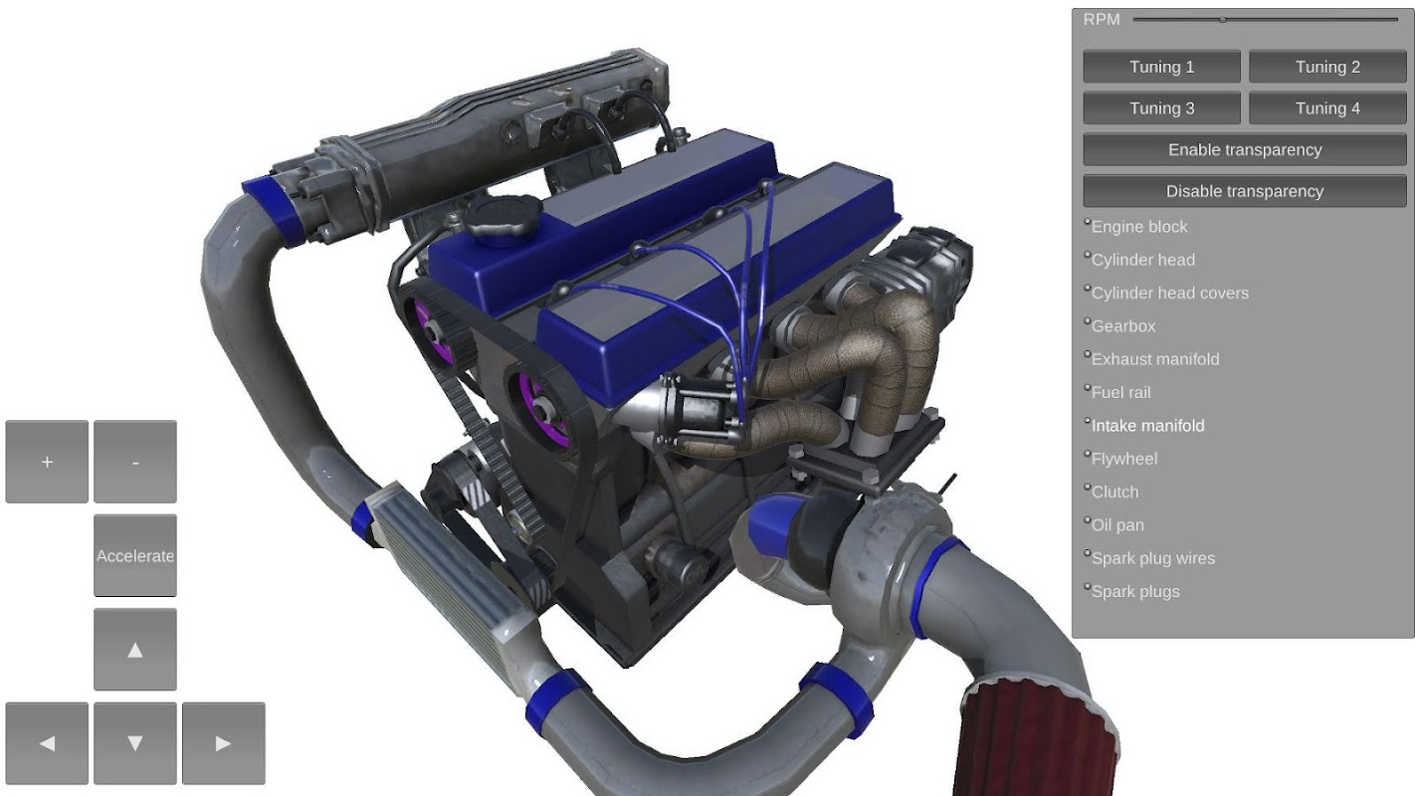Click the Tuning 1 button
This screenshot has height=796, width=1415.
pyautogui.click(x=1161, y=67)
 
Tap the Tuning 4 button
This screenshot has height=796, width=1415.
pyautogui.click(x=1327, y=108)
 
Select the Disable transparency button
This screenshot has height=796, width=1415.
pyautogui.click(x=1245, y=191)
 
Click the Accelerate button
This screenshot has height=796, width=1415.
pyautogui.click(x=135, y=555)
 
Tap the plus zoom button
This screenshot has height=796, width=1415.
pyautogui.click(x=47, y=462)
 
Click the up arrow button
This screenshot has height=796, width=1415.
pyautogui.click(x=135, y=650)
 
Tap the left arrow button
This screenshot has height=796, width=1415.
pyautogui.click(x=47, y=743)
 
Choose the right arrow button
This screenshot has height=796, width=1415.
pyautogui.click(x=224, y=743)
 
